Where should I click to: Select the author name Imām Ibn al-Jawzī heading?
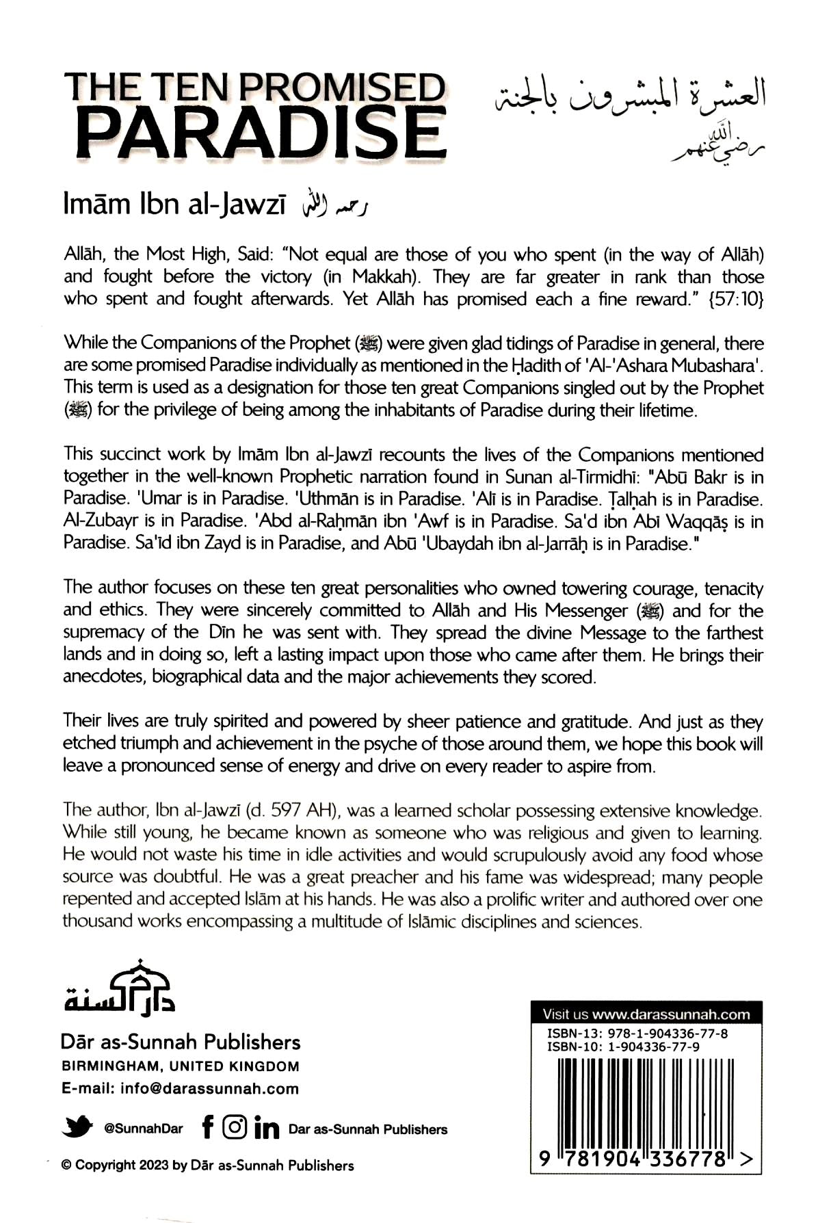point(174,205)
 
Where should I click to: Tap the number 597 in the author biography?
point(285,811)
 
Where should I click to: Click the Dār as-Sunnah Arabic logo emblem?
point(120,986)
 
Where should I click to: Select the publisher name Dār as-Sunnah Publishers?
point(181,1042)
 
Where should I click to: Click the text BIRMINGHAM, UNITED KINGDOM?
point(181,1066)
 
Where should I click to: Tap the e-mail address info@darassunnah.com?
point(209,1088)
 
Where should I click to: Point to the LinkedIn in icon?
point(266,1127)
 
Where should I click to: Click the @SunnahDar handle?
point(144,1129)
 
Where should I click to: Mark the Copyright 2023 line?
point(208,1165)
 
